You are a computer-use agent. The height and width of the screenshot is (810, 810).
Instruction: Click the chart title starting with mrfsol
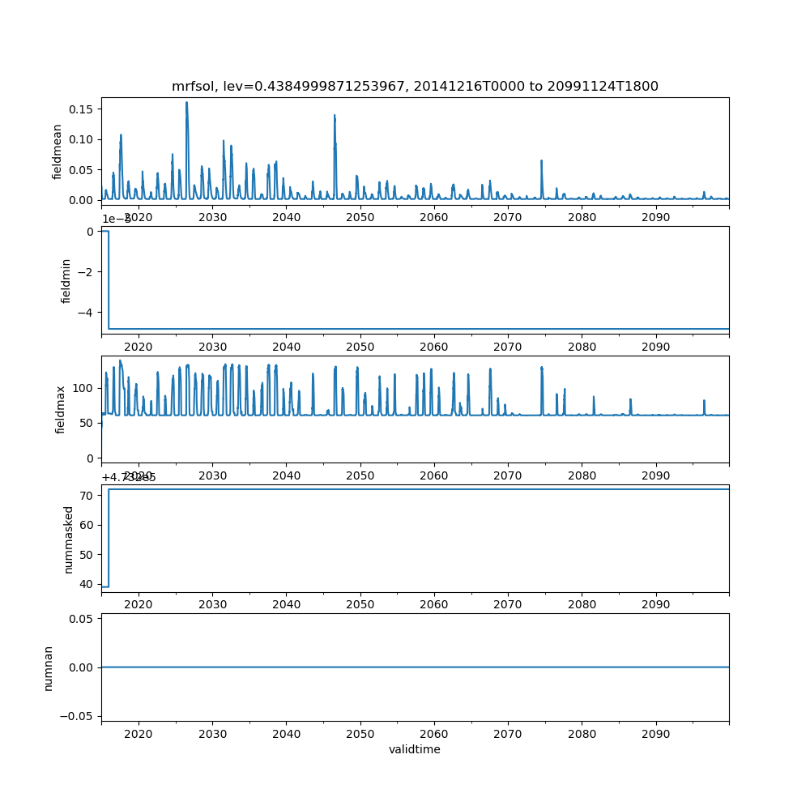(415, 86)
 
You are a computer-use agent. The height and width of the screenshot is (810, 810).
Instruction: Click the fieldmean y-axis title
(58, 151)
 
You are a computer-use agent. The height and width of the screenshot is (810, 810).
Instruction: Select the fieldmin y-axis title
(66, 280)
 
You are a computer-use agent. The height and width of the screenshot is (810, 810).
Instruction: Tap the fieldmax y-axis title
(61, 409)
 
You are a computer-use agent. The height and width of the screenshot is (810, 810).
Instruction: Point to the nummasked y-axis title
(69, 539)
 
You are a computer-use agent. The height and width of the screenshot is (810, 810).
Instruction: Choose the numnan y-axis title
(49, 667)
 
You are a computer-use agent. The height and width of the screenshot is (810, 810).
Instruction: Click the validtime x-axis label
(415, 750)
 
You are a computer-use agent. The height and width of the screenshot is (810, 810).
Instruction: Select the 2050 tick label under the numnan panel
(360, 733)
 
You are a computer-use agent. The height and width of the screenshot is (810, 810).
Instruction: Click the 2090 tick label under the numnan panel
(655, 733)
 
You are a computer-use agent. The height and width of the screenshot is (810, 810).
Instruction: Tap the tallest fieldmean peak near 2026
(186, 103)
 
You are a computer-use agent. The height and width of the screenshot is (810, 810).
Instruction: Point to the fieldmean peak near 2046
(335, 116)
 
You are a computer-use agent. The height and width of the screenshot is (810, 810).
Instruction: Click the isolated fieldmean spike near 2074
(541, 161)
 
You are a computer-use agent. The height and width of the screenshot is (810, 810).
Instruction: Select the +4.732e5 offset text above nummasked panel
(129, 477)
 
